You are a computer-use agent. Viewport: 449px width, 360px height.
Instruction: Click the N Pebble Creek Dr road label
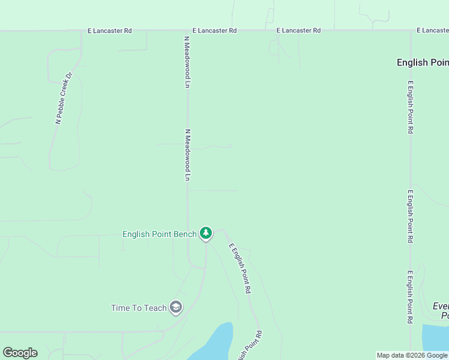click(64, 98)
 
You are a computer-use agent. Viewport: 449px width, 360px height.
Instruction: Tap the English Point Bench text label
click(159, 234)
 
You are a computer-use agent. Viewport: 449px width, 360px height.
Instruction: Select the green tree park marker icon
click(206, 233)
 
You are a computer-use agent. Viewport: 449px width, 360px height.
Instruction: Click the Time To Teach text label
click(139, 308)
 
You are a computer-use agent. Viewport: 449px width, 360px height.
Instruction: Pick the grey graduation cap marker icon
click(176, 308)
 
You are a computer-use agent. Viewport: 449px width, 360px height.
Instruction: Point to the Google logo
click(20, 353)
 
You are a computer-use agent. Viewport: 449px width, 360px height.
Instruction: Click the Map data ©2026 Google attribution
click(412, 355)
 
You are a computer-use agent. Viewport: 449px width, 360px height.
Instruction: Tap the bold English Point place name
click(423, 62)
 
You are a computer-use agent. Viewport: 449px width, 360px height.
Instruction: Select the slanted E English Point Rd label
click(238, 268)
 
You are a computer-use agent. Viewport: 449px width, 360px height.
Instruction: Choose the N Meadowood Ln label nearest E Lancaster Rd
click(187, 62)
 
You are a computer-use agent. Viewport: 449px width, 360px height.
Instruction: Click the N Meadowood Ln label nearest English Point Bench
click(187, 155)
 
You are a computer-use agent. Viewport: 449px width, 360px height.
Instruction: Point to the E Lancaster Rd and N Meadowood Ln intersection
click(187, 30)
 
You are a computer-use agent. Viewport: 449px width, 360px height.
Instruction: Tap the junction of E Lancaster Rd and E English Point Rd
click(411, 30)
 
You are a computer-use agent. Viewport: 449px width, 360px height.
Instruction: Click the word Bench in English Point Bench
click(184, 234)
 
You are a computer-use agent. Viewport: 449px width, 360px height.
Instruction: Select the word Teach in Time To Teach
click(155, 308)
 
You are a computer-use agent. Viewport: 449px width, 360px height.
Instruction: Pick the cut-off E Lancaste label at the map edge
click(433, 30)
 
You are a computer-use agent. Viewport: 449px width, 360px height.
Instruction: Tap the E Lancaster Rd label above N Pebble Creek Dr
click(109, 30)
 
